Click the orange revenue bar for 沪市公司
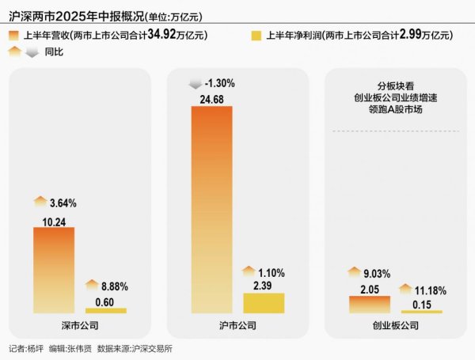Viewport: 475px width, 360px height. coord(211,210)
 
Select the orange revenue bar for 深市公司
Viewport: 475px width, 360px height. coord(53,270)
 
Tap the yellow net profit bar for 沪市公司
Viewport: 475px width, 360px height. coord(263,303)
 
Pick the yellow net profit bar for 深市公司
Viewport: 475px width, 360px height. coord(105,310)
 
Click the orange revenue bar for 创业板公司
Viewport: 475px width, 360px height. coord(369,305)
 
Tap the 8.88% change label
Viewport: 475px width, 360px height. coord(112,286)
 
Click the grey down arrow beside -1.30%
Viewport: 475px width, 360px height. coord(195,83)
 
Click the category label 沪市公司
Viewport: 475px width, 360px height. coord(237,325)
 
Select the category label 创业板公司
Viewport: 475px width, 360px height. coord(396,325)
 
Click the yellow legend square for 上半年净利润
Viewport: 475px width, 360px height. coord(256,35)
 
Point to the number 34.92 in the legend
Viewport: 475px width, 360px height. coord(162,35)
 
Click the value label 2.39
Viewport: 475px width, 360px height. coord(263,286)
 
